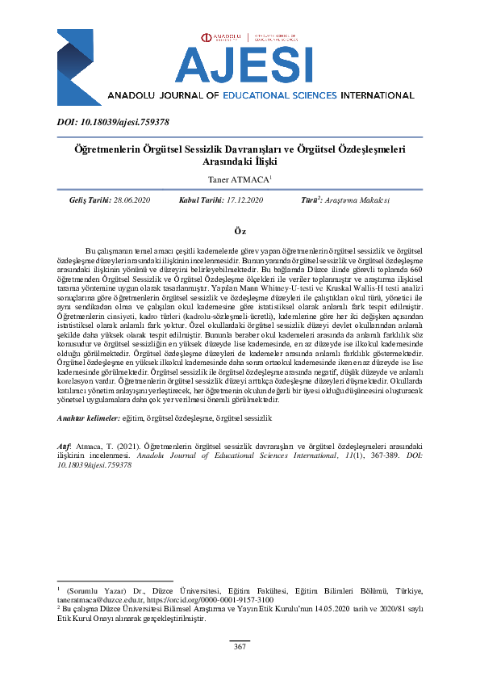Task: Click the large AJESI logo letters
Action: pyautogui.click(x=242, y=64)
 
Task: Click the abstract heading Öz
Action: pyautogui.click(x=240, y=231)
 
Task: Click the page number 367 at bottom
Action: pyautogui.click(x=240, y=647)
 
